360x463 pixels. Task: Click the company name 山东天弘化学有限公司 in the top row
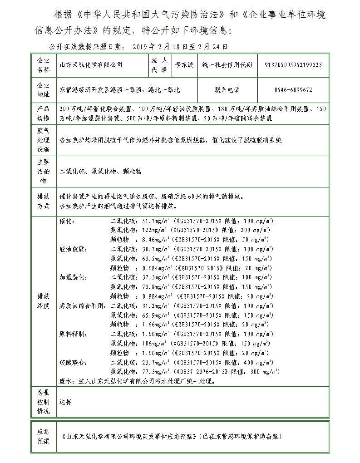(x=91, y=65)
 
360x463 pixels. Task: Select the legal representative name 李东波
(x=184, y=65)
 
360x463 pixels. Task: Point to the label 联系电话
(x=227, y=90)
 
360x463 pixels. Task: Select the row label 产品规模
(x=42, y=113)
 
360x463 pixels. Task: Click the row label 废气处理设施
(x=42, y=140)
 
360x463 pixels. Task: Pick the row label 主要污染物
(x=42, y=171)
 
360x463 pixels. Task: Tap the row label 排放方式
(x=42, y=201)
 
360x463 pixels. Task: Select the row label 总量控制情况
(x=42, y=402)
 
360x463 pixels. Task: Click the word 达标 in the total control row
(x=65, y=402)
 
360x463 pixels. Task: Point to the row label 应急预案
(x=42, y=436)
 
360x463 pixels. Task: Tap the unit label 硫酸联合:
(x=74, y=362)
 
